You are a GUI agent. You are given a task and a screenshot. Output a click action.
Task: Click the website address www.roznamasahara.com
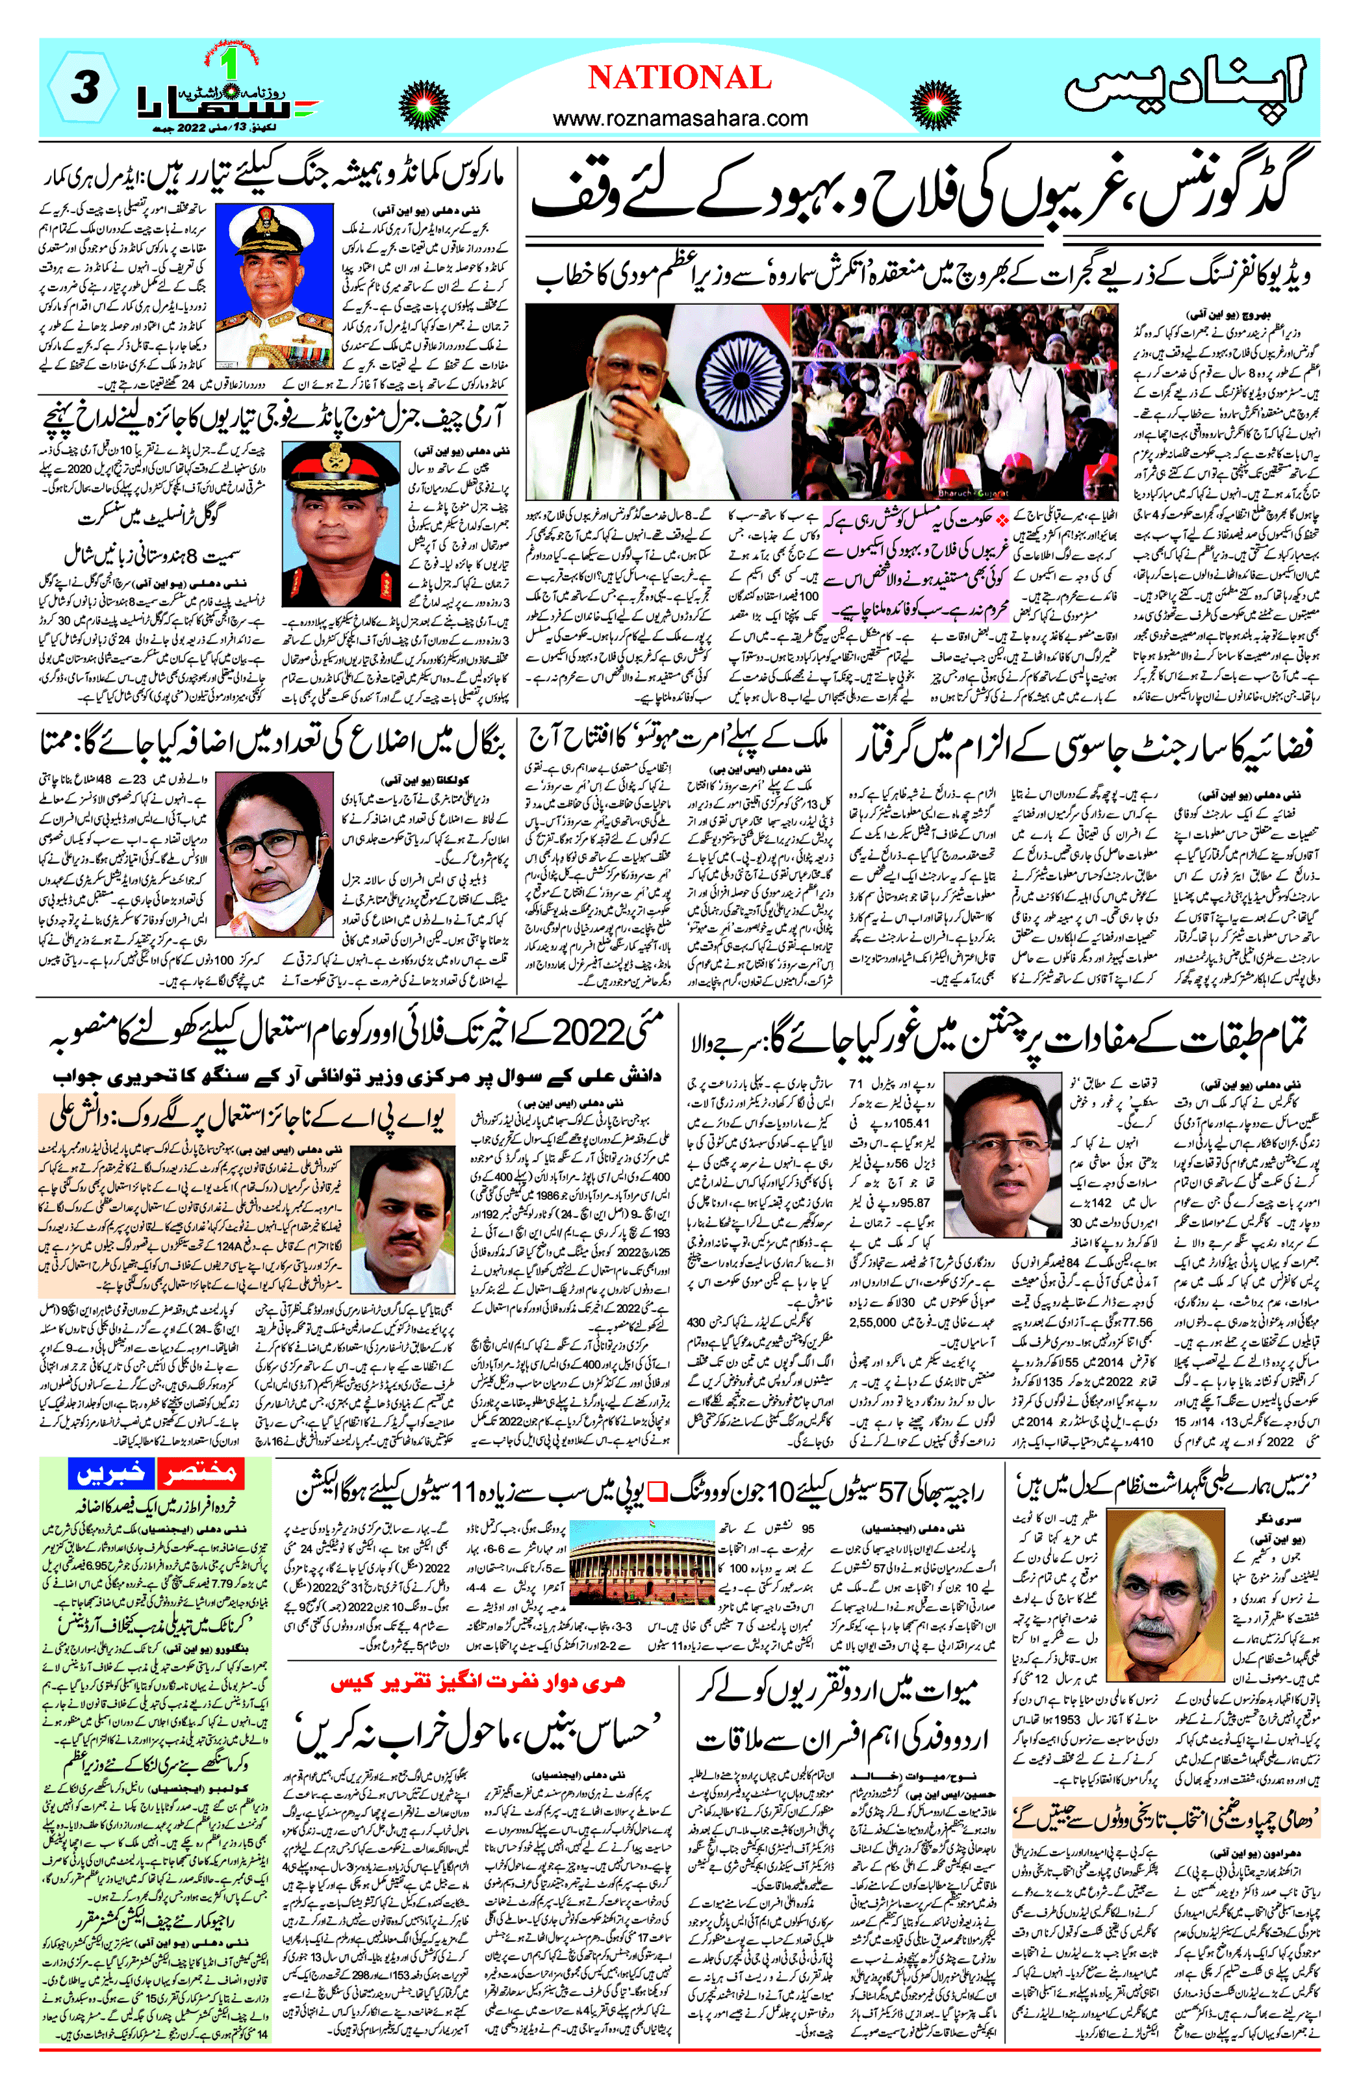click(x=681, y=118)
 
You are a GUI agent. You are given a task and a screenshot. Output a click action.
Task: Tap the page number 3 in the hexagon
click(x=82, y=90)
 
